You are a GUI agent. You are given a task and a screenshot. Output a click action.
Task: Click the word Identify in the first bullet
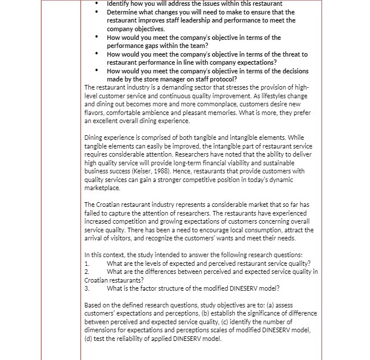[x=119, y=3]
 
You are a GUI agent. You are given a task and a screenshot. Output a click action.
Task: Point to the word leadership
[x=197, y=20]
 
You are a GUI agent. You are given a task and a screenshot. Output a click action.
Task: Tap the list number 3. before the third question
[x=87, y=288]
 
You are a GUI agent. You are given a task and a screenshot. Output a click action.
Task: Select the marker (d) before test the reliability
[x=89, y=339]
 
